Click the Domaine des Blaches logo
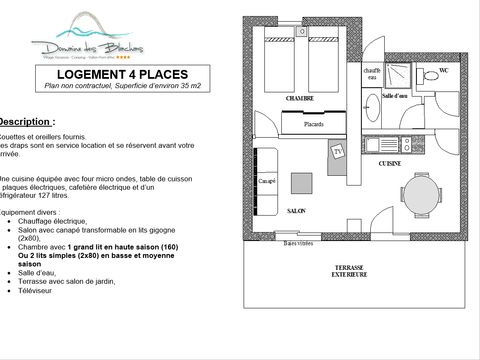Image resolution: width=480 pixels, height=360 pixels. tap(87, 40)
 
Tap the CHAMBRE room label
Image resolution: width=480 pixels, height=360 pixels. tap(300, 99)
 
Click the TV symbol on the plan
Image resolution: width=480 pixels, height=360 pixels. tap(338, 152)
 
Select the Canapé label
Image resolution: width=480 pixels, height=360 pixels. tap(267, 181)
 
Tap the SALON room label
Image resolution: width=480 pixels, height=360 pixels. tap(296, 211)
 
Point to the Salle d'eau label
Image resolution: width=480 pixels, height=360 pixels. tap(395, 96)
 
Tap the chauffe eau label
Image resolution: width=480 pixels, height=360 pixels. tap(372, 73)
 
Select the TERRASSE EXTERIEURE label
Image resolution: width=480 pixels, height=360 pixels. tap(350, 271)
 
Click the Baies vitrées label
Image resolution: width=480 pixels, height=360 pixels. tap(298, 243)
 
